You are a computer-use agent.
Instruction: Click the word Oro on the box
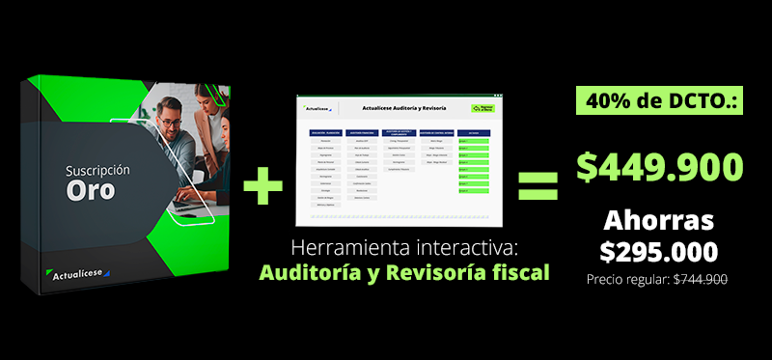pyautogui.click(x=91, y=190)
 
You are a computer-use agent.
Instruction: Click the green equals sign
pyautogui.click(x=538, y=184)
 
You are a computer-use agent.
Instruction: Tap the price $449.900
pyautogui.click(x=660, y=165)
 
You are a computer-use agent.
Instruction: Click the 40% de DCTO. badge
pyautogui.click(x=660, y=99)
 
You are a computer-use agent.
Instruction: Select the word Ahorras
pyautogui.click(x=659, y=219)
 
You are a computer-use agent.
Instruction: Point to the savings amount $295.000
pyautogui.click(x=659, y=252)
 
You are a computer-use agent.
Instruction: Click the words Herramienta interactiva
pyautogui.click(x=404, y=245)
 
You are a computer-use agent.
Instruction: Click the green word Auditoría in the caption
pyautogui.click(x=312, y=272)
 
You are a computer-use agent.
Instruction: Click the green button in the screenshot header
pyautogui.click(x=482, y=109)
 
